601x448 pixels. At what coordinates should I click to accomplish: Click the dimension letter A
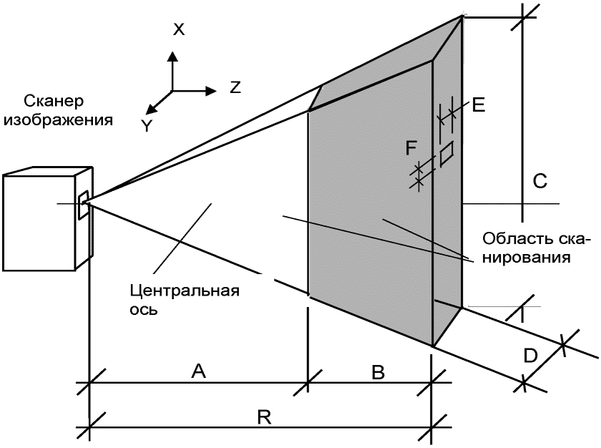click(x=199, y=371)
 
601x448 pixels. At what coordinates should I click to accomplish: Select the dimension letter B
click(x=378, y=371)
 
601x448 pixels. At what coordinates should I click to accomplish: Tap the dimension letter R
click(x=264, y=417)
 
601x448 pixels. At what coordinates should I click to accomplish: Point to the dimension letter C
click(x=539, y=181)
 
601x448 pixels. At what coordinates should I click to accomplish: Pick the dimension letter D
click(x=530, y=356)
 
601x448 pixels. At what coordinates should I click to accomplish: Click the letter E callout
click(x=479, y=104)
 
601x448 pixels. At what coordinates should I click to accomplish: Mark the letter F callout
click(x=411, y=148)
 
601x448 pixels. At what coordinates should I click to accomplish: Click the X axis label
click(x=179, y=29)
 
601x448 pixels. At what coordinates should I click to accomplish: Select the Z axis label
click(x=235, y=87)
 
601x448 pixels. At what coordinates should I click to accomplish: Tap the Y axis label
click(x=147, y=125)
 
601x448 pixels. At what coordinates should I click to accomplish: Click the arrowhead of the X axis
click(x=173, y=57)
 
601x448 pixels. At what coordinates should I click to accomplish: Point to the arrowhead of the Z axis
click(x=211, y=91)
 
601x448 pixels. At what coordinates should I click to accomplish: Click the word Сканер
click(x=53, y=101)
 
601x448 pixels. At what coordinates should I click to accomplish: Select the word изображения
click(x=58, y=120)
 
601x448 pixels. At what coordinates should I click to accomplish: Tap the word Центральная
click(x=185, y=291)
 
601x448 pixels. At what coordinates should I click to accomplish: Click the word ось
click(x=143, y=309)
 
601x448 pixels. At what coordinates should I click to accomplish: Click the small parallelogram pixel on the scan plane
click(x=446, y=154)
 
